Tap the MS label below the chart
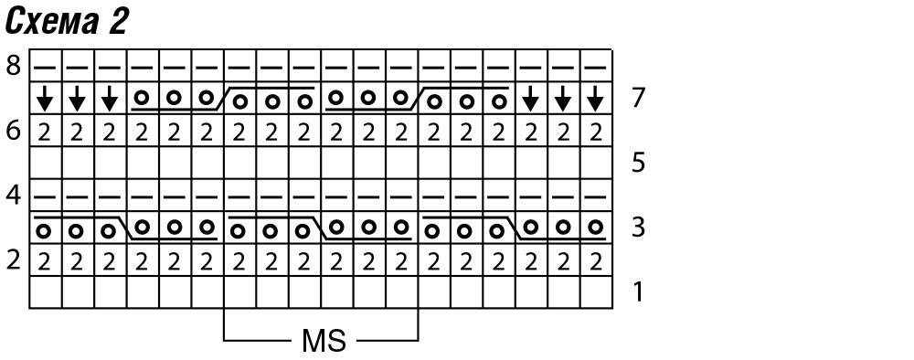[324, 341]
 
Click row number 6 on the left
[14, 131]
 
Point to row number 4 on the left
[14, 196]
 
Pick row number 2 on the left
[14, 259]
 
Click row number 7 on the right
[638, 98]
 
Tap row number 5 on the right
[638, 163]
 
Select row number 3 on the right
[638, 228]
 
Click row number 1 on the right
[638, 291]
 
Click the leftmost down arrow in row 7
[45, 99]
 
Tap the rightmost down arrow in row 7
[595, 99]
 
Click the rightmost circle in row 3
[595, 226]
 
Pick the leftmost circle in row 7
[141, 97]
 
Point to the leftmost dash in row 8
[45, 69]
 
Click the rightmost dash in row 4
[595, 197]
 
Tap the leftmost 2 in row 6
[45, 133]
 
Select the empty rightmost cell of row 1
[595, 292]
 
